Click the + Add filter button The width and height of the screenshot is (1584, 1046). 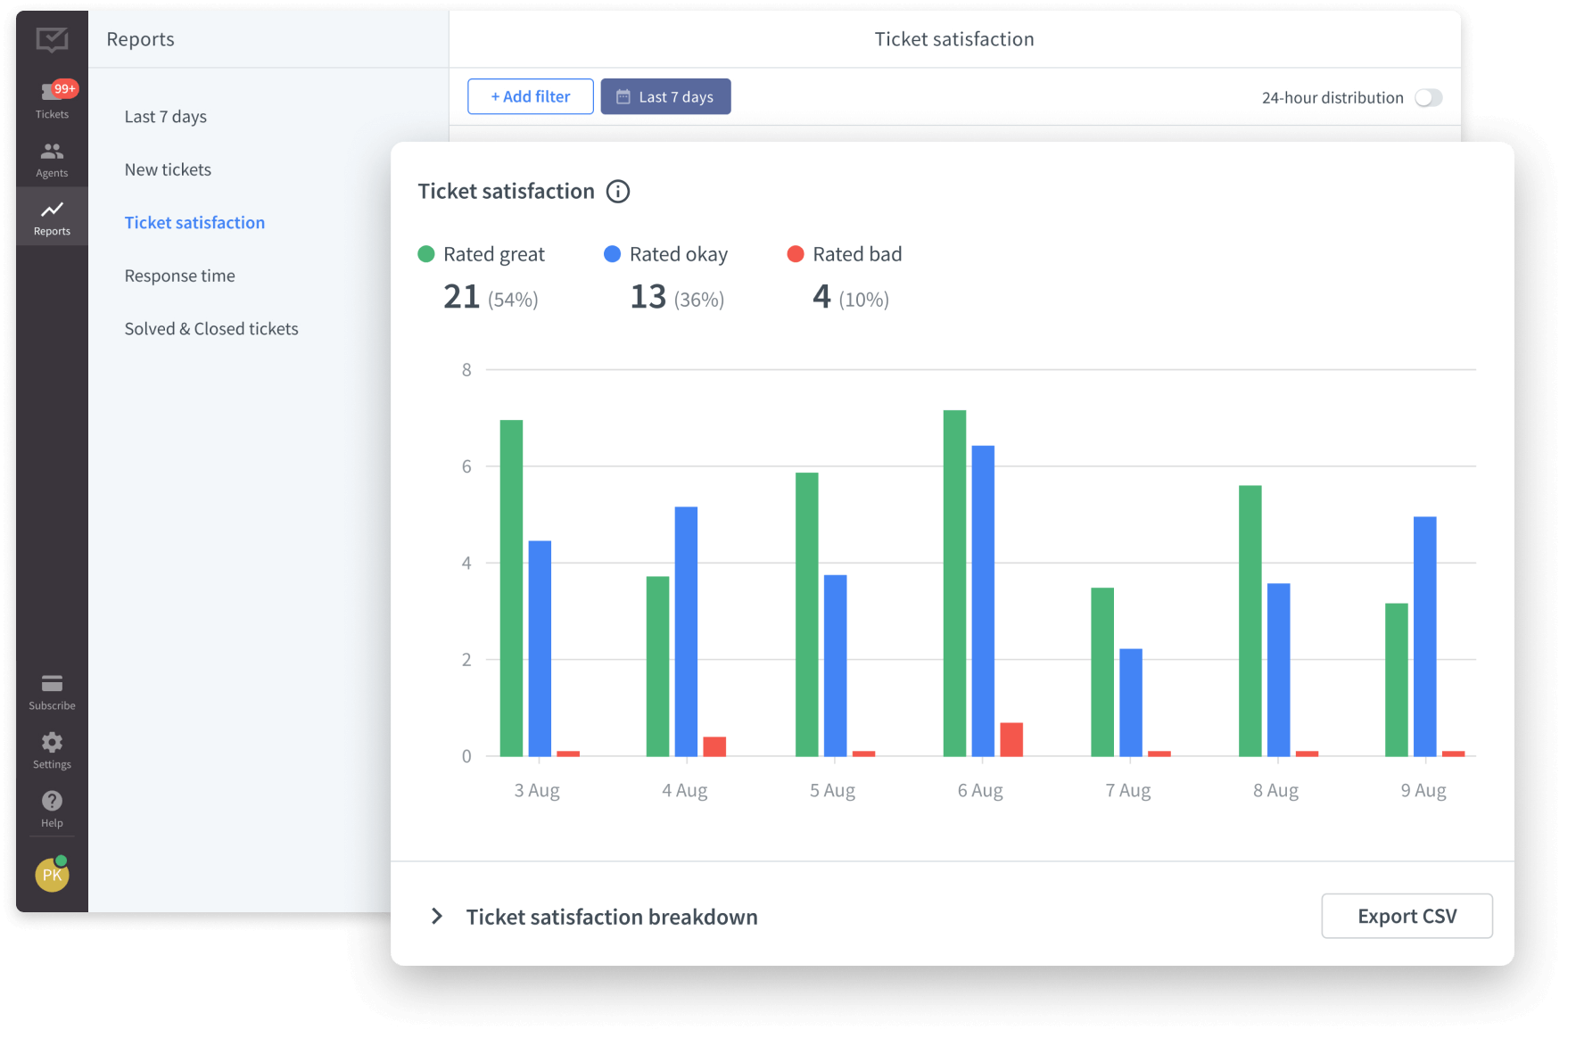pyautogui.click(x=530, y=96)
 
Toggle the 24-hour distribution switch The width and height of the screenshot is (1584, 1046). pyautogui.click(x=1428, y=98)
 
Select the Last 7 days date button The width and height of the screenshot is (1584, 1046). pyautogui.click(x=665, y=96)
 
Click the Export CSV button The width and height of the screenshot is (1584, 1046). pyautogui.click(x=1407, y=916)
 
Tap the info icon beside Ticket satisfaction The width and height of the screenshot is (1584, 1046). pyautogui.click(x=618, y=192)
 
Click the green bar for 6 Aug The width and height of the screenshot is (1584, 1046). pyautogui.click(x=954, y=583)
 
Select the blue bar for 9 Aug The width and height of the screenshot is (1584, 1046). pyautogui.click(x=1424, y=637)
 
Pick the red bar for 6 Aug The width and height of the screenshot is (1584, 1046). pyautogui.click(x=1011, y=739)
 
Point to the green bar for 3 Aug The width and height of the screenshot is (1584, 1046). pyautogui.click(x=511, y=589)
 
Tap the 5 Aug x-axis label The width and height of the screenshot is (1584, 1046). pyautogui.click(x=832, y=790)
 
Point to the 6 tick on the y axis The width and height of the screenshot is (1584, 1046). pyautogui.click(x=466, y=466)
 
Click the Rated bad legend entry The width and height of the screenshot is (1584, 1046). pyautogui.click(x=845, y=254)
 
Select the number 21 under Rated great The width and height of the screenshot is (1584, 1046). pyautogui.click(x=461, y=297)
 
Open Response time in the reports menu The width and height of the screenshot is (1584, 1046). pyautogui.click(x=180, y=276)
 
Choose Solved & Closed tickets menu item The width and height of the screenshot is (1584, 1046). pyautogui.click(x=211, y=329)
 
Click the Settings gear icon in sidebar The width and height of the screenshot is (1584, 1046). pyautogui.click(x=52, y=743)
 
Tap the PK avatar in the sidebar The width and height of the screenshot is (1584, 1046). pyautogui.click(x=52, y=875)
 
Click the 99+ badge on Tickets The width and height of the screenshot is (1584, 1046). pyautogui.click(x=65, y=88)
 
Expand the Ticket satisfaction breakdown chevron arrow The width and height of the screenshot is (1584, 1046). pyautogui.click(x=437, y=917)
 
